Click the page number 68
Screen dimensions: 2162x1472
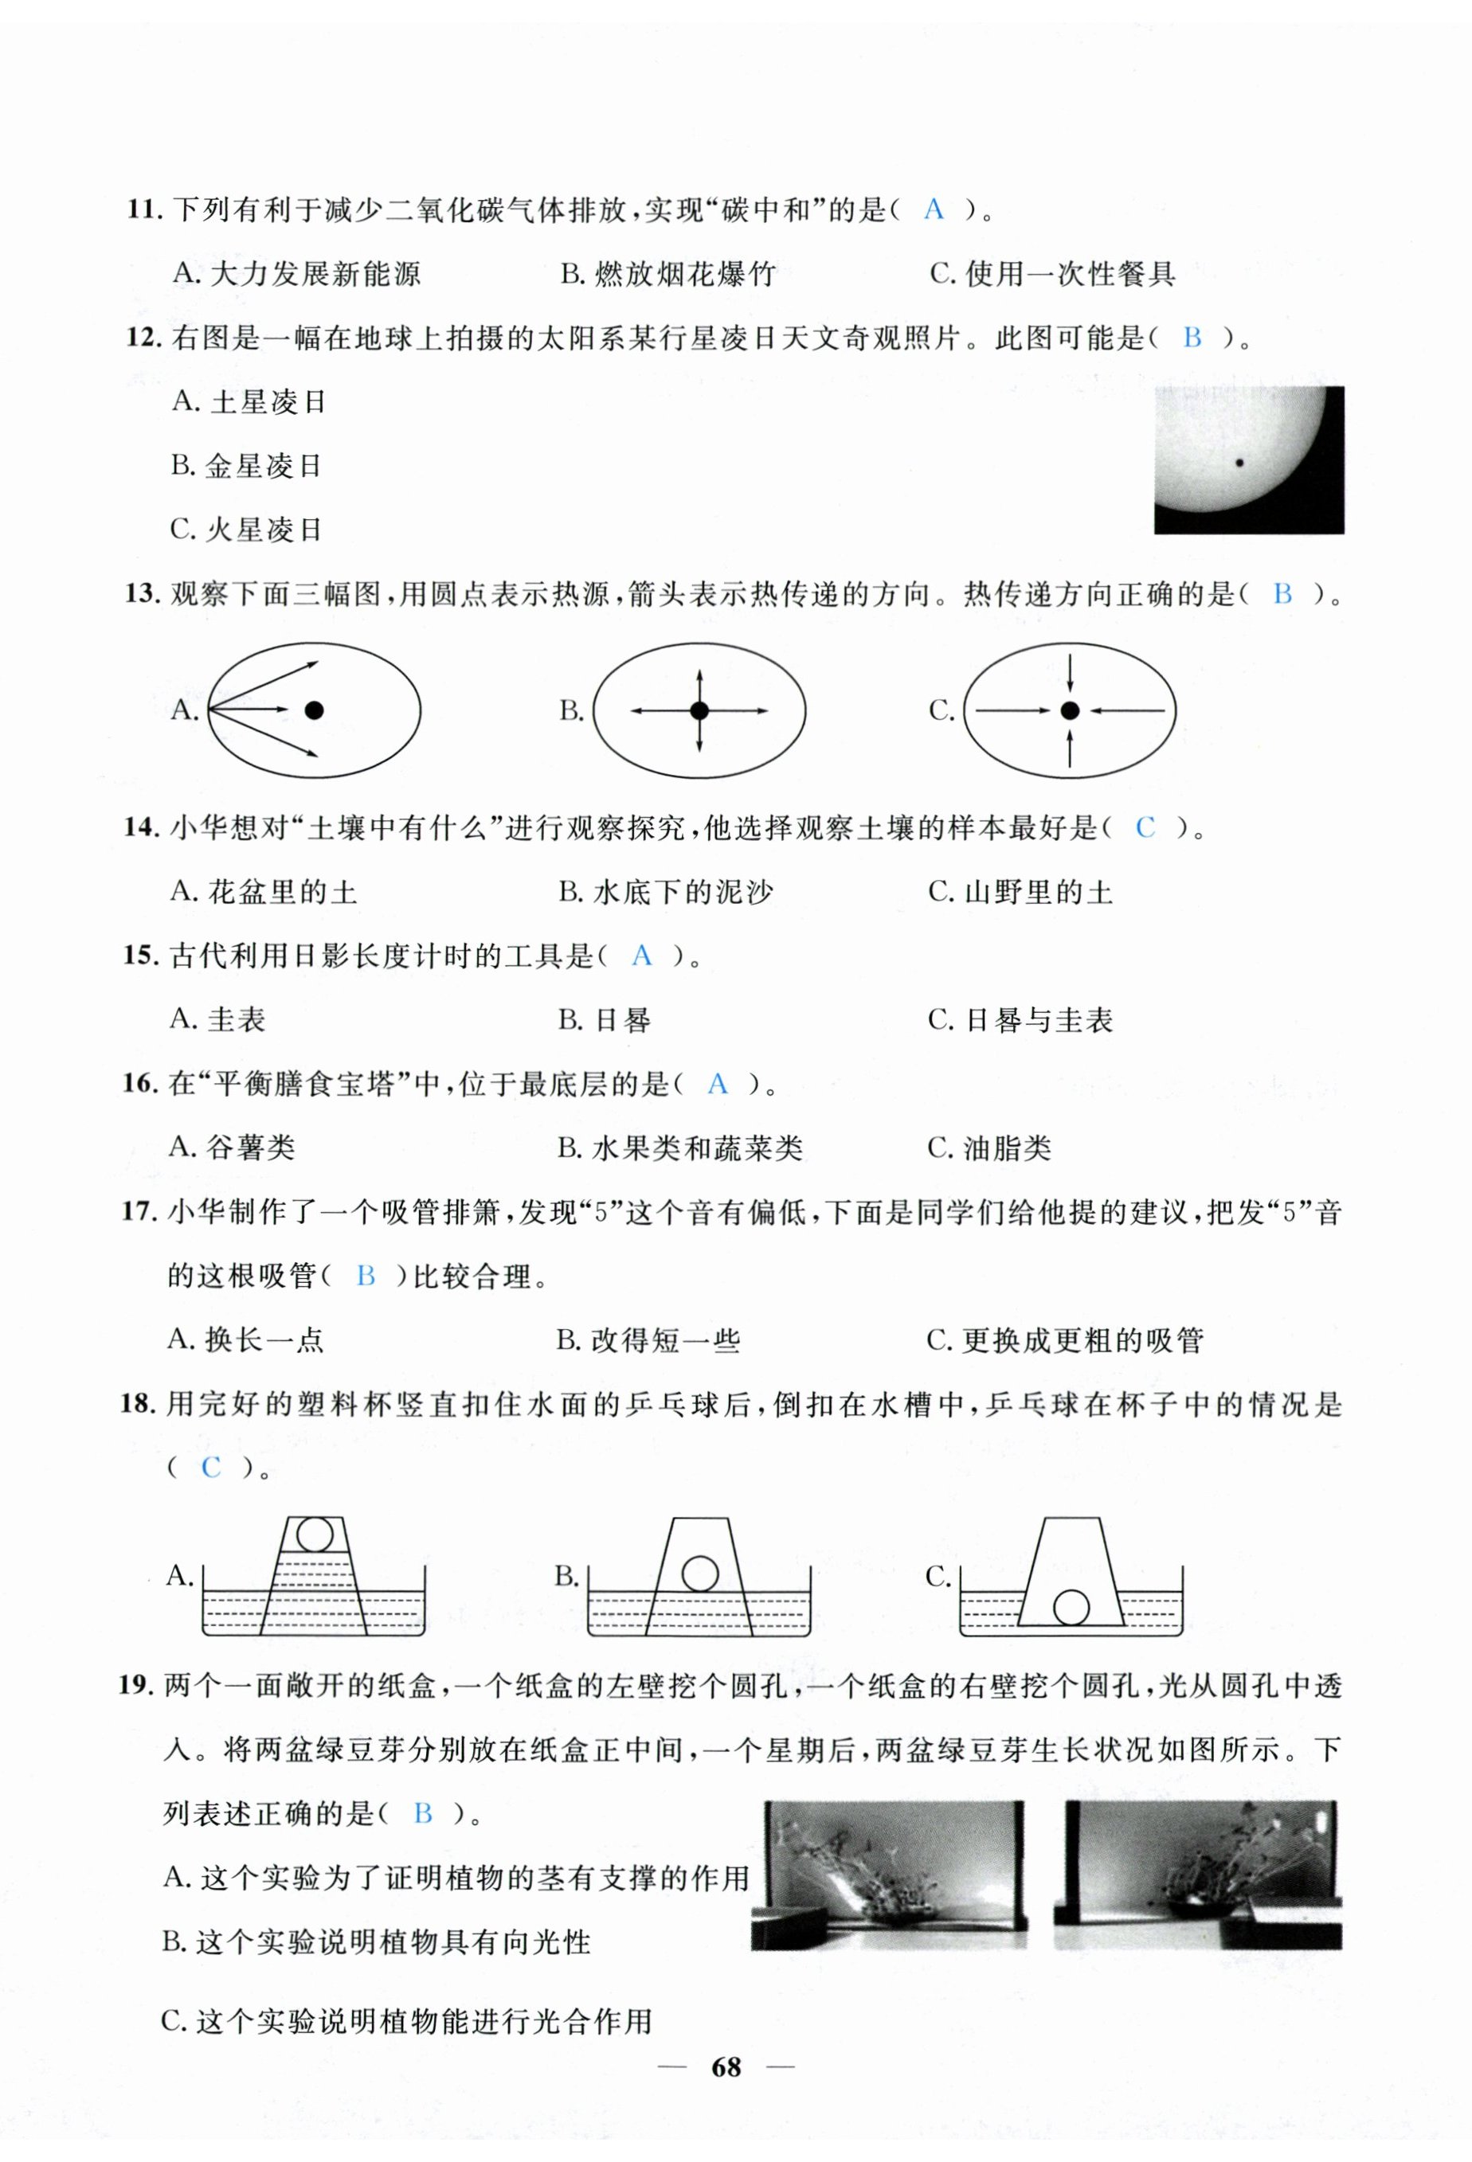click(726, 2066)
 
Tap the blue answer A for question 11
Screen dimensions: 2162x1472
click(934, 209)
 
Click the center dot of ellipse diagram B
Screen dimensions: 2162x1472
click(699, 711)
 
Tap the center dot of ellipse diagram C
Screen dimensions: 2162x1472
click(1069, 711)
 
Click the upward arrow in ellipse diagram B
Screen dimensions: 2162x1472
click(699, 684)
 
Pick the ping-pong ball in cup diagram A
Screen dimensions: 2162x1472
click(315, 1534)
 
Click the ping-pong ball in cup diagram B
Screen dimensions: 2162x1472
click(699, 1574)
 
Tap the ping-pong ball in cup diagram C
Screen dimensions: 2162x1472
click(1071, 1607)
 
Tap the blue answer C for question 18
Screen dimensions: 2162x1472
click(211, 1467)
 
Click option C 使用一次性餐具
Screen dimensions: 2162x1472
click(1070, 273)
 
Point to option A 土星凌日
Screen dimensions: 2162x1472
click(267, 401)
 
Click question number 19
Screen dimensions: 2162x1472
click(136, 1685)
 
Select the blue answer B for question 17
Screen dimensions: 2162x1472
click(366, 1276)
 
